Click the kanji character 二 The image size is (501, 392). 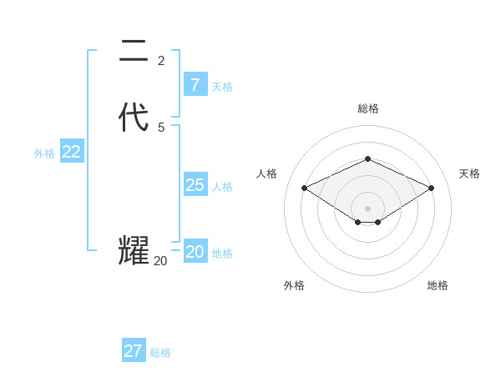pyautogui.click(x=134, y=52)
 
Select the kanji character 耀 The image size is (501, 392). pyautogui.click(x=134, y=251)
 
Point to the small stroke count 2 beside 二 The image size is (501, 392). pyautogui.click(x=161, y=60)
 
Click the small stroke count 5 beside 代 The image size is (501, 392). pyautogui.click(x=161, y=127)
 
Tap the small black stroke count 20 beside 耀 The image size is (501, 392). pyautogui.click(x=160, y=261)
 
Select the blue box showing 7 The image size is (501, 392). pyautogui.click(x=195, y=85)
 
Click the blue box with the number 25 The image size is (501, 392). pyautogui.click(x=195, y=185)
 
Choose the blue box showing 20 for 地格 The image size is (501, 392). pyautogui.click(x=195, y=252)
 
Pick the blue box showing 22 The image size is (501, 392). pyautogui.click(x=71, y=152)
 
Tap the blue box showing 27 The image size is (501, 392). pyautogui.click(x=133, y=351)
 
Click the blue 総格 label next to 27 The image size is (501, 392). pyautogui.click(x=160, y=353)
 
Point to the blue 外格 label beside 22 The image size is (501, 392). pyautogui.click(x=44, y=153)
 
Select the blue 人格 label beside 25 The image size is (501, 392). pyautogui.click(x=223, y=187)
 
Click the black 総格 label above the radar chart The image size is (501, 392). pyautogui.click(x=367, y=108)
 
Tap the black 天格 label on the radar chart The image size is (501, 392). pyautogui.click(x=469, y=173)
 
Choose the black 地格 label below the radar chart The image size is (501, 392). pyautogui.click(x=438, y=285)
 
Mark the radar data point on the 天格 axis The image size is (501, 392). pyautogui.click(x=431, y=188)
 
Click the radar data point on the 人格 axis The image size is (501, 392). pyautogui.click(x=304, y=188)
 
